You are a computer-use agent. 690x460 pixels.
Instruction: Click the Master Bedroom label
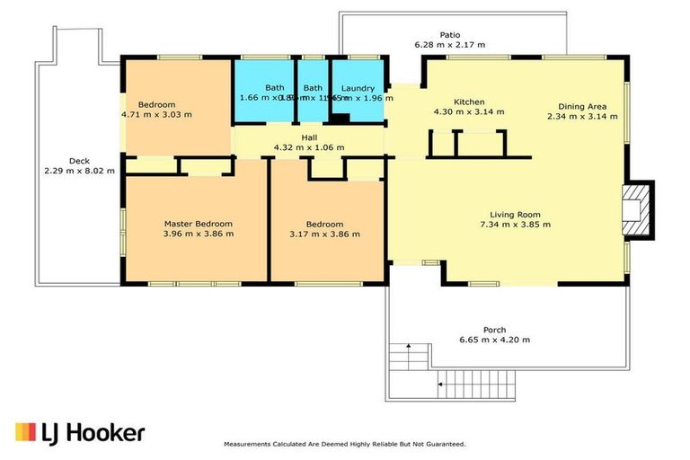[198, 223]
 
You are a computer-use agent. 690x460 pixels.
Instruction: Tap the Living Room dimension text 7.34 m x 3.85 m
[514, 225]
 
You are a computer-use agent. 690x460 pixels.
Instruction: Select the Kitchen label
[469, 102]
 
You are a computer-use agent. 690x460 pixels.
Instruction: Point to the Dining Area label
[582, 105]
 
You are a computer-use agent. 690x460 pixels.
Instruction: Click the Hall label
[309, 137]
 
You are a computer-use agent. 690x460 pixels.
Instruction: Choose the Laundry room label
[357, 87]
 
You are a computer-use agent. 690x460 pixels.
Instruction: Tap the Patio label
[449, 33]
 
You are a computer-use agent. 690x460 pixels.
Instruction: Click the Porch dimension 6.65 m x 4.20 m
[493, 340]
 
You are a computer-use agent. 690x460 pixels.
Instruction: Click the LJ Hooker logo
[79, 432]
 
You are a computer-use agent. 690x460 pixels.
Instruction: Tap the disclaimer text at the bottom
[344, 444]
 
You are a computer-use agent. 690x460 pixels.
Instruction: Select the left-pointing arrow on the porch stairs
[441, 385]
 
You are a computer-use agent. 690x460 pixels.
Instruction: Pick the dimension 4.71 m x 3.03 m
[156, 115]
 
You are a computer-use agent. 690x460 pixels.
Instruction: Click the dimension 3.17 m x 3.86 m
[324, 234]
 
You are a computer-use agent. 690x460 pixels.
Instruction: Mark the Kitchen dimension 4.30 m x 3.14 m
[469, 112]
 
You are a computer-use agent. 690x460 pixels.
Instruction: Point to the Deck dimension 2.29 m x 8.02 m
[79, 171]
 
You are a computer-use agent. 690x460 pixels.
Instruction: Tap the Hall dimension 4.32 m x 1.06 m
[309, 147]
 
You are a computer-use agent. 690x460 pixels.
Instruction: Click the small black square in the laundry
[340, 117]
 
